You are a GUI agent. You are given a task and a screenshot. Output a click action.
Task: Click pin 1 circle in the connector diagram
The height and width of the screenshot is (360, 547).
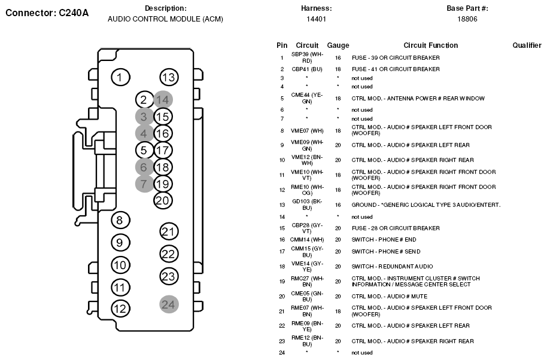[120, 77]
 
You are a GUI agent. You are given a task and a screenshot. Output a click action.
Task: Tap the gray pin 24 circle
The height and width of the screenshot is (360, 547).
[169, 304]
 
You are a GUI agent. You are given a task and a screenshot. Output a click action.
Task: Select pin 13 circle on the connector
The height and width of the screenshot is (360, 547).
[169, 77]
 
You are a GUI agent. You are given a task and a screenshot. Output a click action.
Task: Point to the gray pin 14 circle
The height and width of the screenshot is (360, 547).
[163, 100]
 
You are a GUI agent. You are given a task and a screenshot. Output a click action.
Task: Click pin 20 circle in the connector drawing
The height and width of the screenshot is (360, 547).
[163, 200]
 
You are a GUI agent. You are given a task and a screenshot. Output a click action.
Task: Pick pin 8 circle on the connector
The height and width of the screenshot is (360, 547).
[120, 220]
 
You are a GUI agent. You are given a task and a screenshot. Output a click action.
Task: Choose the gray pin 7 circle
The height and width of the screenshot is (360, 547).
[144, 184]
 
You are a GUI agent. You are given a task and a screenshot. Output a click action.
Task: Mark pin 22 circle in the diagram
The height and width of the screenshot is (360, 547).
[169, 254]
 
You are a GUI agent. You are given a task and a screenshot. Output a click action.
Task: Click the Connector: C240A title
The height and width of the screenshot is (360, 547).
[47, 13]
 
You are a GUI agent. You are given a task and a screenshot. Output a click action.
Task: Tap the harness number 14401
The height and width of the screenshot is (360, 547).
[316, 19]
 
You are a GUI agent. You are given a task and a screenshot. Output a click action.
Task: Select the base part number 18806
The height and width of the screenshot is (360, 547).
[467, 19]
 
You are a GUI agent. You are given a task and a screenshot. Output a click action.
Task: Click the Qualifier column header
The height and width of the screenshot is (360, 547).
[527, 45]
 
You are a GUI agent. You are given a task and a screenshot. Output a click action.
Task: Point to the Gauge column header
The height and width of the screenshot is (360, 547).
[338, 45]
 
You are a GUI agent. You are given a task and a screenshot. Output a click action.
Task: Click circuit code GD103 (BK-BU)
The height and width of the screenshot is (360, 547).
[307, 205]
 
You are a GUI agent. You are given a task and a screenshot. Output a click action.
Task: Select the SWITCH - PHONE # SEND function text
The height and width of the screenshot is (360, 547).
[386, 252]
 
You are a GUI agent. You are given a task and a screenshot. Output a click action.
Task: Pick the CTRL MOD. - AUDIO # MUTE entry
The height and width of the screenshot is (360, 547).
[390, 297]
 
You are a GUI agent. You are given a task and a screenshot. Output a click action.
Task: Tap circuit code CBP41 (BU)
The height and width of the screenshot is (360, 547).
[307, 69]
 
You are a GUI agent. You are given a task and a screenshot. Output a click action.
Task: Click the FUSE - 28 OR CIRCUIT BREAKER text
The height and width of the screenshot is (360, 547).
[396, 228]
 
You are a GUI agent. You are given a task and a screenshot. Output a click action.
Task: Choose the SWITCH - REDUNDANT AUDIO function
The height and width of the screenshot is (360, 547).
[392, 267]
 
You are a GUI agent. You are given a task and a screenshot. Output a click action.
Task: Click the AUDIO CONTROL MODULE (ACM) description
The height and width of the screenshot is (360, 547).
[165, 19]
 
